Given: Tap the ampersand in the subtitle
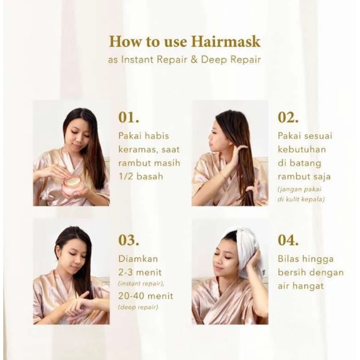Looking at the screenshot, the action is point(194,59).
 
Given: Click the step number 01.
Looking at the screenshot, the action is point(129,117).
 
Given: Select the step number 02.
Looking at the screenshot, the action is point(288,117).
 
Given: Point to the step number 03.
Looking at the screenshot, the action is point(129,240).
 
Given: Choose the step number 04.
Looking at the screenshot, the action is point(288,240).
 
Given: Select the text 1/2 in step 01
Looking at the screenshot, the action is point(125,176).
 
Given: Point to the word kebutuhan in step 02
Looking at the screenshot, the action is point(301,150).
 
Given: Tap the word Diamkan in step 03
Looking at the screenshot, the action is point(138,259).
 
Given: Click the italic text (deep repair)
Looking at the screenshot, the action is point(138,307).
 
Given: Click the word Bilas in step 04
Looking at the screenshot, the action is point(289,259).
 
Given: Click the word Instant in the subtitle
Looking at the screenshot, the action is point(138,59).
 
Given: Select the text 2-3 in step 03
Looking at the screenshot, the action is point(126,273).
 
